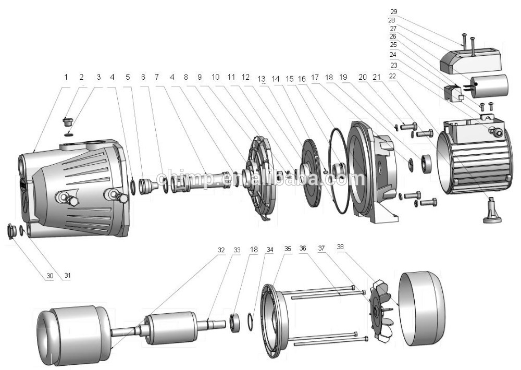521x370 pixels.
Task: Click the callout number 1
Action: [x=66, y=77]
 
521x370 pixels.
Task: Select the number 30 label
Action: [x=49, y=276]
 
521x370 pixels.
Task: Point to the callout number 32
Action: [x=221, y=251]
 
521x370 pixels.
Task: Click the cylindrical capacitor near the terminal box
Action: [x=490, y=85]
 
